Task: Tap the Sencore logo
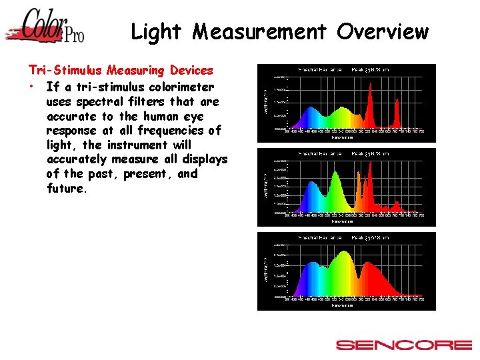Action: click(x=403, y=345)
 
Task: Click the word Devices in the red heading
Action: click(x=191, y=70)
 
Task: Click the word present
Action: click(x=152, y=174)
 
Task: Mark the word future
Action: click(x=67, y=189)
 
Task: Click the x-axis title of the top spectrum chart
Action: click(x=344, y=137)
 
